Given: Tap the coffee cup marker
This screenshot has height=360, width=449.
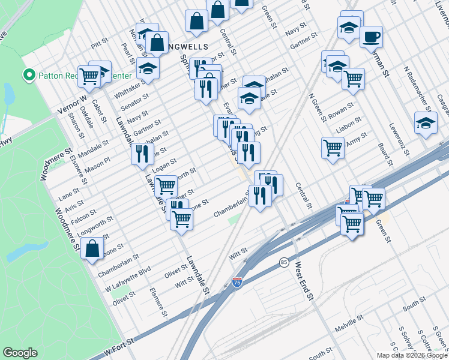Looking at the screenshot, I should pyautogui.click(x=371, y=37).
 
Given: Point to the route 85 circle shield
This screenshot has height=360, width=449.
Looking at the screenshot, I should pyautogui.click(x=283, y=262).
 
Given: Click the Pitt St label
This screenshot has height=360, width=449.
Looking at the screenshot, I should pyautogui.click(x=98, y=43).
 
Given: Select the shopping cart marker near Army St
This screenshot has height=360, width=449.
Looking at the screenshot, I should pyautogui.click(x=333, y=147).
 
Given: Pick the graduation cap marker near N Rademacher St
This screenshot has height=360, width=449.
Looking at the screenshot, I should pyautogui.click(x=425, y=122).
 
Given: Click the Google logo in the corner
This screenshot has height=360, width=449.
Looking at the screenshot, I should pyautogui.click(x=20, y=353).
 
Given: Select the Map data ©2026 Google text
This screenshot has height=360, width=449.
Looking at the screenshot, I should pyautogui.click(x=412, y=355).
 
